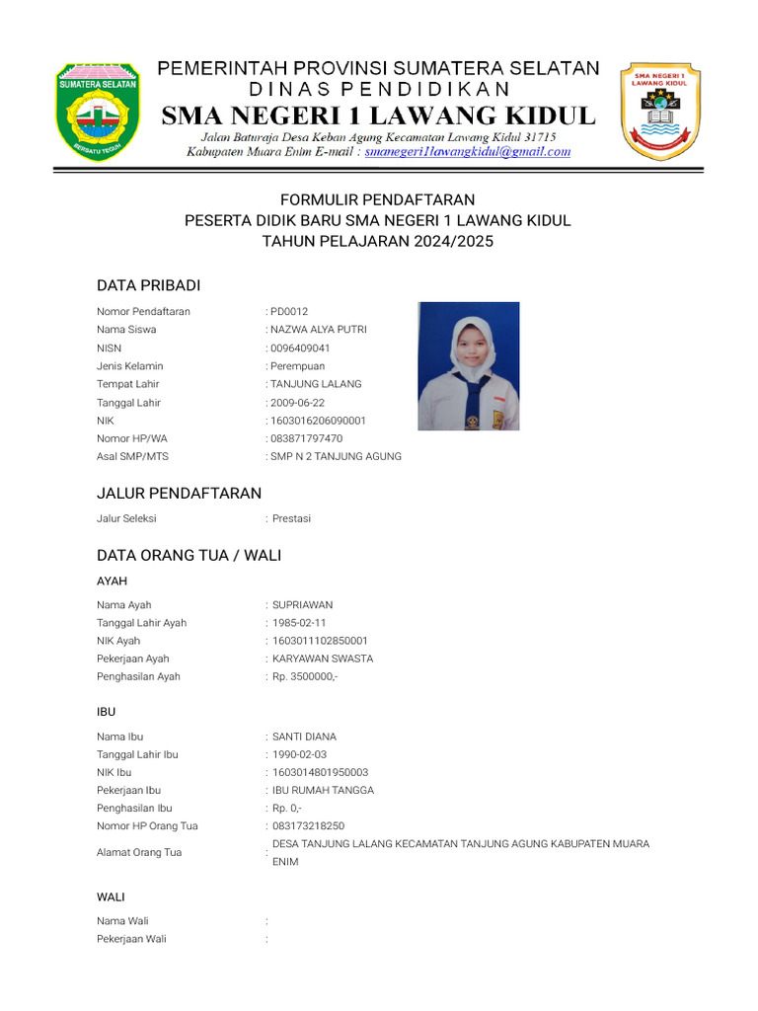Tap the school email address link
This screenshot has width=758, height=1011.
[x=467, y=152]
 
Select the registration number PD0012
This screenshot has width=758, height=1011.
[x=290, y=312]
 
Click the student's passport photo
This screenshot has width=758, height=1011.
[x=468, y=366]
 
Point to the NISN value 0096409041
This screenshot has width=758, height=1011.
[x=301, y=349]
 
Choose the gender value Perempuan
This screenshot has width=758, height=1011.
[x=298, y=366]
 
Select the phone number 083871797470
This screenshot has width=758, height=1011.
[x=307, y=438]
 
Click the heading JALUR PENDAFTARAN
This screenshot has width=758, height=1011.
[x=179, y=493]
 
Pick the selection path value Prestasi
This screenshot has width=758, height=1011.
[x=291, y=518]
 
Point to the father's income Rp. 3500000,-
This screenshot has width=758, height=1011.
[x=305, y=676]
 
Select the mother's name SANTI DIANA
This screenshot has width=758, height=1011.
[x=304, y=737]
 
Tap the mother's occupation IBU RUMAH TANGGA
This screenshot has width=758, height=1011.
[x=323, y=790]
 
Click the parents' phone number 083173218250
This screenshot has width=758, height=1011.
[x=309, y=825]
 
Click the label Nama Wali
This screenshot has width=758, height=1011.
[x=123, y=921]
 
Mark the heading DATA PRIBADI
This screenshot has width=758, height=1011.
[x=148, y=285]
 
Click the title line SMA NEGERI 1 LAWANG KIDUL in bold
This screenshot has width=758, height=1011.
[x=379, y=116]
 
